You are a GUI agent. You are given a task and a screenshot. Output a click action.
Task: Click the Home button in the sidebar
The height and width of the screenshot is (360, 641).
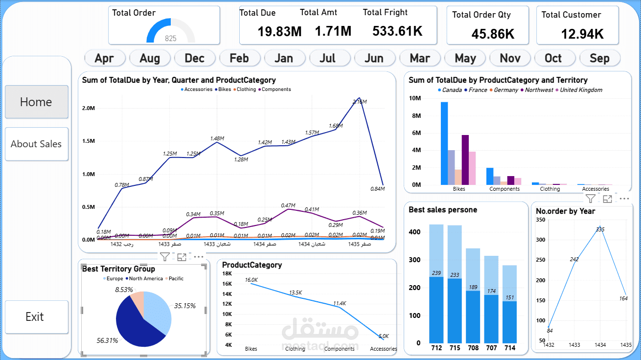point(36,102)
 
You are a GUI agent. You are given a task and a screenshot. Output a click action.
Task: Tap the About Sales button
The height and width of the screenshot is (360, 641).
point(36,144)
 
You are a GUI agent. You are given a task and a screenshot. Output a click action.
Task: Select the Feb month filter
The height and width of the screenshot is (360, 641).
point(239,58)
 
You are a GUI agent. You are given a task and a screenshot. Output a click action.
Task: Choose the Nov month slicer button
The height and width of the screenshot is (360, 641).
point(510,58)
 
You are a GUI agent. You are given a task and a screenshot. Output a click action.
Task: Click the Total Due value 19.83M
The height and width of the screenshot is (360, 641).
point(279,32)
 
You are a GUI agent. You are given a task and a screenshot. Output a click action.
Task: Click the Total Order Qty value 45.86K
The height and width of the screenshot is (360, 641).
point(493,34)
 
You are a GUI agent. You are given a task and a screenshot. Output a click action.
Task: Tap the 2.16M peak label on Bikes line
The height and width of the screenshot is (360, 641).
point(360,102)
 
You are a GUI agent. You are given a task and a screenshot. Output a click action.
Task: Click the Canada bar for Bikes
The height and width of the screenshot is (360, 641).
point(444,143)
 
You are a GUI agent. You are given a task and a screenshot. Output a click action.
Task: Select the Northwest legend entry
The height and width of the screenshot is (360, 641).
point(538,90)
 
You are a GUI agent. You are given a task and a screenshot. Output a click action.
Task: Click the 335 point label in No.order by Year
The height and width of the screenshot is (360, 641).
point(600,229)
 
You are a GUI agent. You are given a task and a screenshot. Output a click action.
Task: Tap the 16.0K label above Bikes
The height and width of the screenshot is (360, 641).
point(251,280)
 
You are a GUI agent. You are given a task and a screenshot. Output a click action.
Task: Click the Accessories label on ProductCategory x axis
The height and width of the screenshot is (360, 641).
point(383,349)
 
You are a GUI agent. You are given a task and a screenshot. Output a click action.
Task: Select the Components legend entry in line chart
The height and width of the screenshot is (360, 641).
point(275,90)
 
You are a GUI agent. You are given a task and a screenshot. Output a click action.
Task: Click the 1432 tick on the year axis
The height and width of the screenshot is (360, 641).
point(549,345)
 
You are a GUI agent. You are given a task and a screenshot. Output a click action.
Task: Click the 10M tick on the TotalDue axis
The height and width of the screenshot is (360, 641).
point(415,98)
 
